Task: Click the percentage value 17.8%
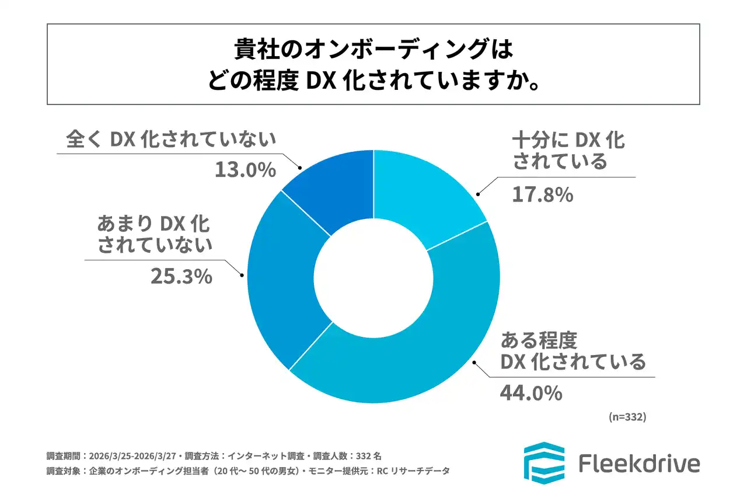click(543, 195)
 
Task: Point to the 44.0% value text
click(530, 393)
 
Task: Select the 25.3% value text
click(181, 276)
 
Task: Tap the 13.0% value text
click(245, 170)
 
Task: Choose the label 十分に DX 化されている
click(569, 150)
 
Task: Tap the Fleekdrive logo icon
click(544, 463)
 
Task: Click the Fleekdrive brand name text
click(639, 464)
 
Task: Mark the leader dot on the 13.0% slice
click(300, 168)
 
